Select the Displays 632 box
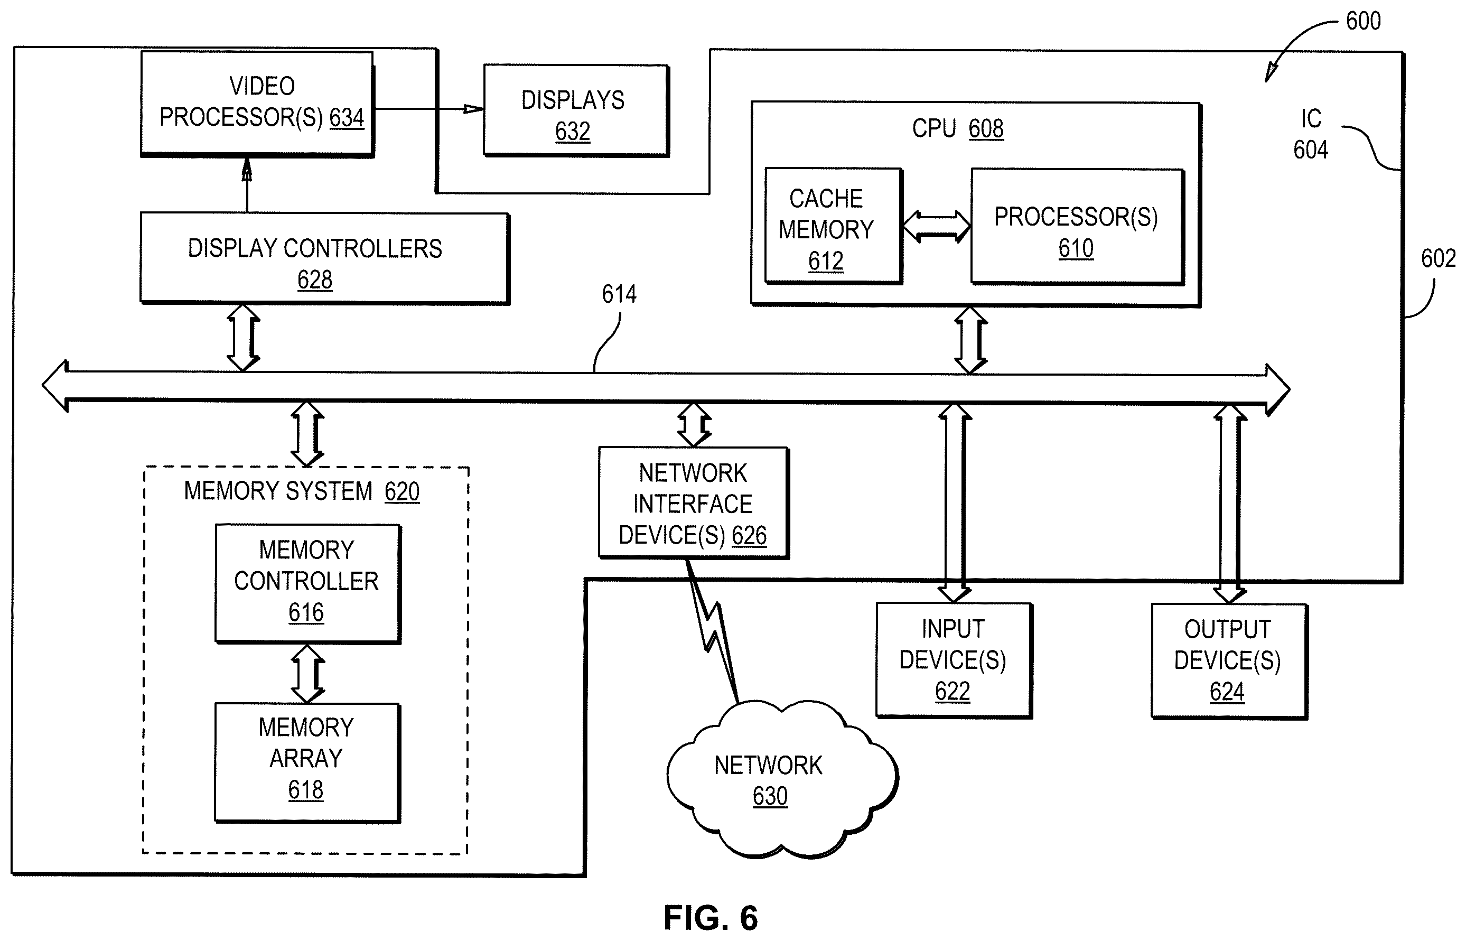click(x=576, y=110)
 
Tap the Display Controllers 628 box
click(x=324, y=258)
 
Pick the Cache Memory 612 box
click(x=833, y=226)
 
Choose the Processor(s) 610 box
click(x=1078, y=227)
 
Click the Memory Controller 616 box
click(x=308, y=583)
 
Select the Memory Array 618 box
click(x=307, y=763)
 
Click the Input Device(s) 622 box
click(x=954, y=660)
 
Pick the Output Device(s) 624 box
click(x=1229, y=661)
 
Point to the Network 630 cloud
click(x=781, y=780)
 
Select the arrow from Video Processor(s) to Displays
click(x=429, y=109)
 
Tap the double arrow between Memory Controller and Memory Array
click(x=307, y=674)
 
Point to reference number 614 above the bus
click(x=619, y=294)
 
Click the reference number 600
click(x=1363, y=21)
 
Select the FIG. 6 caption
click(x=711, y=918)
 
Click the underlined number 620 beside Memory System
click(x=402, y=492)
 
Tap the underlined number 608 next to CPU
click(x=986, y=129)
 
